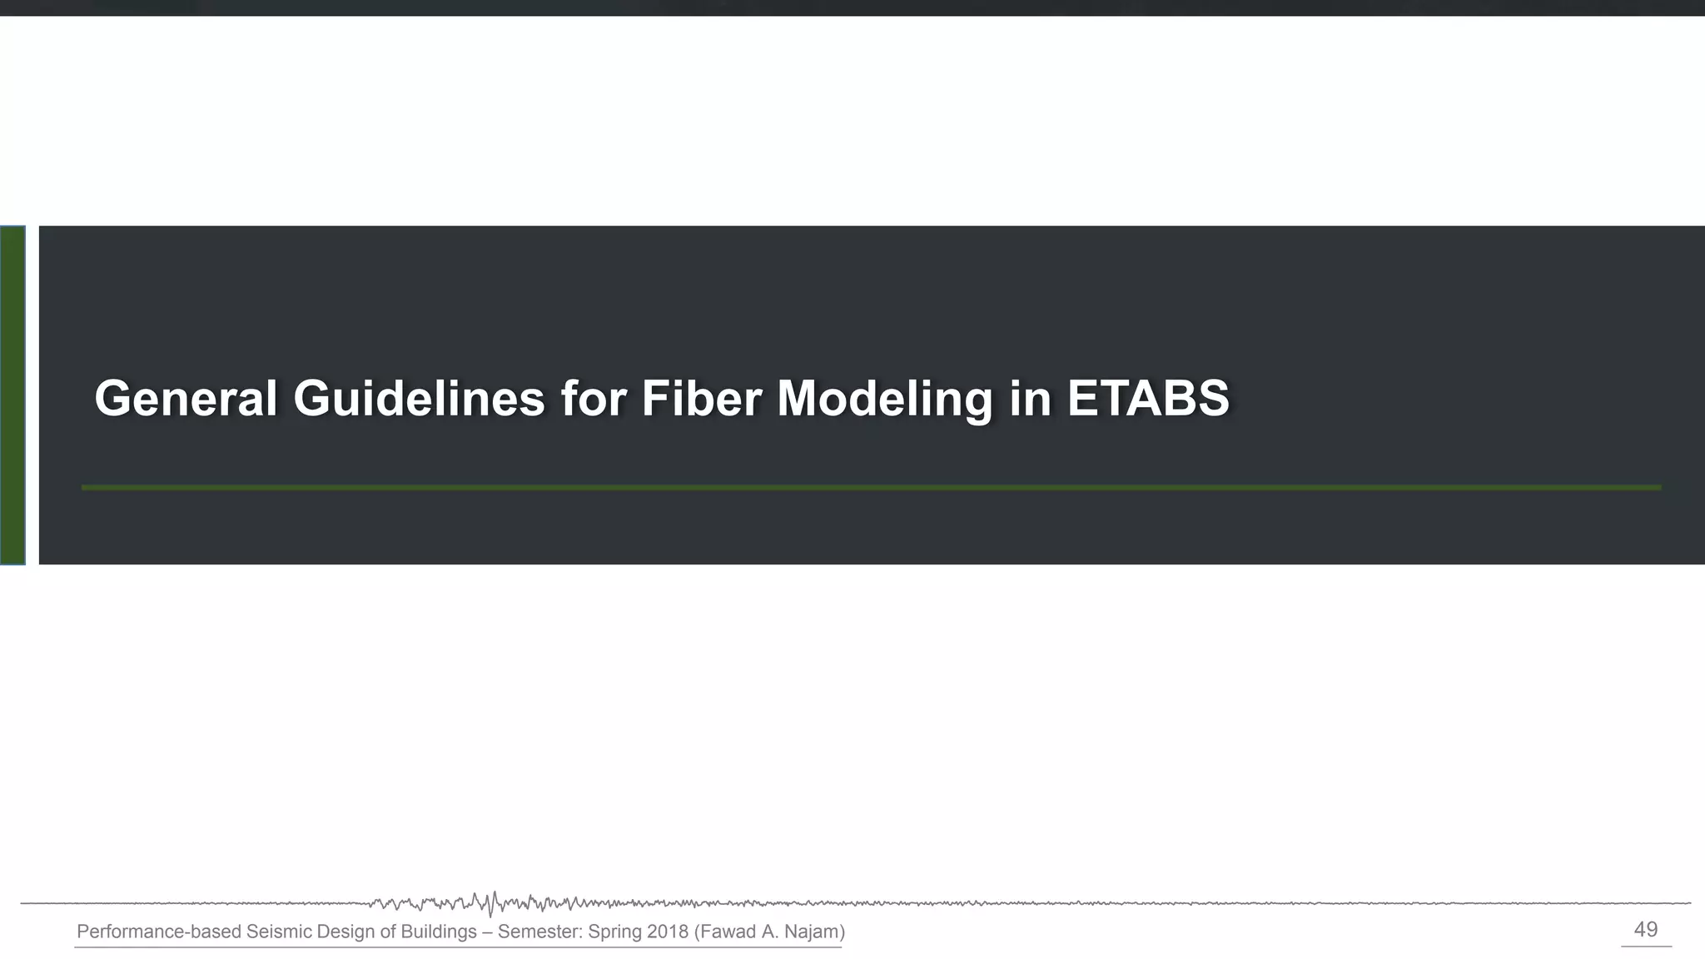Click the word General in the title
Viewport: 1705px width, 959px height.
click(x=186, y=399)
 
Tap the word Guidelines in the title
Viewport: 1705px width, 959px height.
click(x=419, y=399)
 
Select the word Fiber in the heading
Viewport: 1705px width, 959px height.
click(x=701, y=399)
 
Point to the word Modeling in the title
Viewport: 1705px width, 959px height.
click(x=884, y=399)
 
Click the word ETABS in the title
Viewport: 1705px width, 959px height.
click(x=1148, y=399)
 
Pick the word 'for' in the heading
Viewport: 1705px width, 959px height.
click(x=593, y=399)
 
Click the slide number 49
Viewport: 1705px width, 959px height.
click(x=1645, y=930)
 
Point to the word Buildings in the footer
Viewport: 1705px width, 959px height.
click(x=439, y=932)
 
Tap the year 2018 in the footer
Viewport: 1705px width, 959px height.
click(x=668, y=932)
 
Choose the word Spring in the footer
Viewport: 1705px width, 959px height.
click(x=615, y=932)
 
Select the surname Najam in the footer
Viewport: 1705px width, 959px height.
click(x=812, y=932)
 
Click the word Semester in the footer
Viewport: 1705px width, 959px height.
click(x=540, y=932)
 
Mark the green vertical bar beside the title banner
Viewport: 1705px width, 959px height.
click(x=12, y=395)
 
